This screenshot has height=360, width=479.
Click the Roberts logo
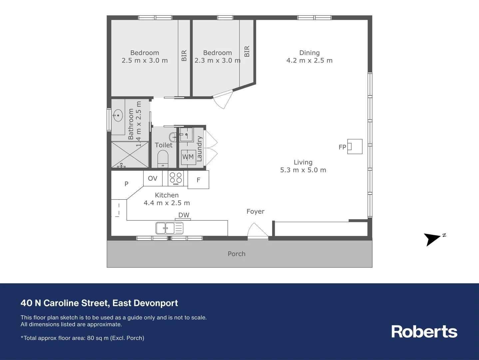click(424, 332)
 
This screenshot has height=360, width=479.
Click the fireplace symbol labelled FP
click(354, 147)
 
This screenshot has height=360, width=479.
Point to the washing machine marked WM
click(188, 157)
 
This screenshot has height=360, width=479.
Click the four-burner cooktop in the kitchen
click(176, 178)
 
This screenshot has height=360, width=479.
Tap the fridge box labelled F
click(199, 180)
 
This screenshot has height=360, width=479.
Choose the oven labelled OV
click(153, 178)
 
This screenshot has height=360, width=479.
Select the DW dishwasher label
click(184, 215)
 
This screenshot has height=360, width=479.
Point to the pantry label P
click(126, 184)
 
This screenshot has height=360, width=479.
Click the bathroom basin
click(118, 115)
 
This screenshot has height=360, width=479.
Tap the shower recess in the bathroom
click(130, 155)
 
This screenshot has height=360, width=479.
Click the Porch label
click(237, 254)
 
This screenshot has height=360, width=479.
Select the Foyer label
click(255, 211)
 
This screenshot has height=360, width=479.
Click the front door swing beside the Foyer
click(257, 231)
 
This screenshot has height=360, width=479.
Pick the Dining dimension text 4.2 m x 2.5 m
click(309, 61)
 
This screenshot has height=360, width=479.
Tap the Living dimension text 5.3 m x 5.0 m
click(303, 170)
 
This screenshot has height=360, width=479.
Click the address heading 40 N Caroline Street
click(99, 303)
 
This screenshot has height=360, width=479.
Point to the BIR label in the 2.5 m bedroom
click(184, 56)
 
